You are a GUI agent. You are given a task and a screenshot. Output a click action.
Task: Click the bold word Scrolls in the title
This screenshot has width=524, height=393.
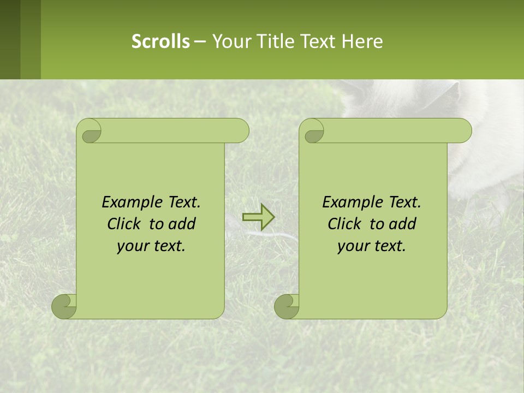click(160, 41)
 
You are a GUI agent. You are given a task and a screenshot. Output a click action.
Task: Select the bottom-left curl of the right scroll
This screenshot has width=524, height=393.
click(287, 306)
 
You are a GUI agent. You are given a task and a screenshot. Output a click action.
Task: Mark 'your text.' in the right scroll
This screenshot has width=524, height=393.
click(372, 246)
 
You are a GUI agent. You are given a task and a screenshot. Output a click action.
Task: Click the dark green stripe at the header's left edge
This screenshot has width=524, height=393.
click(10, 39)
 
